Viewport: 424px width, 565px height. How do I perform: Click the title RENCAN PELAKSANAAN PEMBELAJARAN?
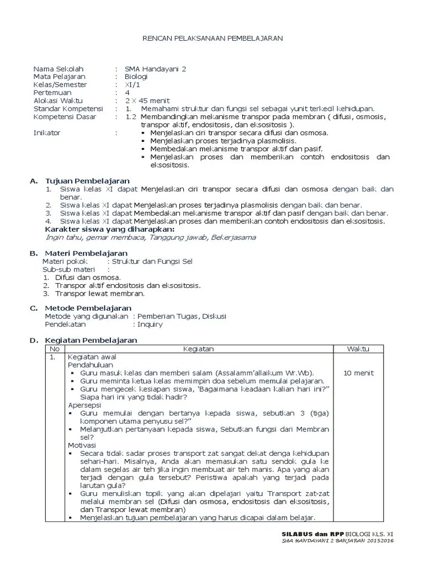point(213,38)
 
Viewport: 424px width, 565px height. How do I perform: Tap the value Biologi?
point(136,77)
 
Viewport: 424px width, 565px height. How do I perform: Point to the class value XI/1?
point(132,85)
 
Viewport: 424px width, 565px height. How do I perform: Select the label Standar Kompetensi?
point(68,109)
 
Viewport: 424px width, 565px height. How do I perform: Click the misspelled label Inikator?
point(47,133)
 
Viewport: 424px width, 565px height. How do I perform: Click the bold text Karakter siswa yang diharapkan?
point(109,229)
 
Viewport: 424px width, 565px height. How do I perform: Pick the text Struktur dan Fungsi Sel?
point(153,262)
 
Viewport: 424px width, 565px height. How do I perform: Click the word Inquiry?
point(150,325)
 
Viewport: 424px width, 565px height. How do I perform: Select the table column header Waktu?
point(358,349)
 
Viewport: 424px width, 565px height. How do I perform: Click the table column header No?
point(54,349)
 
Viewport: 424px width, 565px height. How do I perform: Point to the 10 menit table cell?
point(358,373)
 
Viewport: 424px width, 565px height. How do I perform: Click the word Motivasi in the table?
point(82,445)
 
